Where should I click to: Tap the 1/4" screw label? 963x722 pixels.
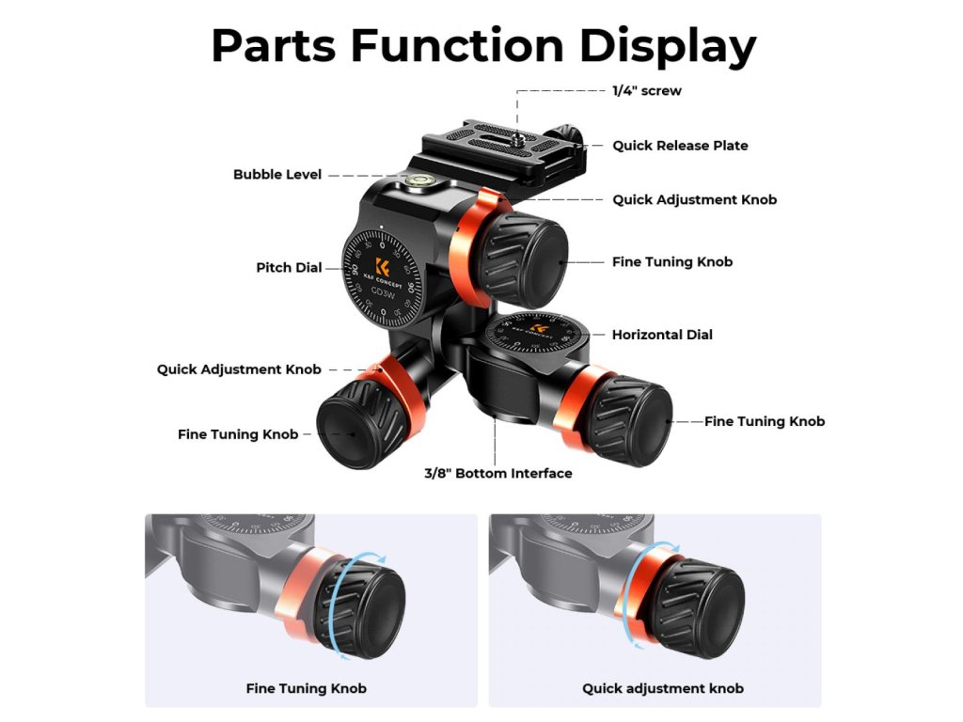pyautogui.click(x=647, y=91)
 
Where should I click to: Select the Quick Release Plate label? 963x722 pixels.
pyautogui.click(x=680, y=146)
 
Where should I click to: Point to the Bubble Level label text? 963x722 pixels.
pyautogui.click(x=277, y=175)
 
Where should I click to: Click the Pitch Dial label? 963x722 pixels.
pyautogui.click(x=289, y=268)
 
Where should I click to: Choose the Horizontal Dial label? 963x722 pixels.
pyautogui.click(x=662, y=335)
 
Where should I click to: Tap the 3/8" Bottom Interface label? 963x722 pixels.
pyautogui.click(x=497, y=473)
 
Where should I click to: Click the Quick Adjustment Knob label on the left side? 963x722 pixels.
pyautogui.click(x=239, y=369)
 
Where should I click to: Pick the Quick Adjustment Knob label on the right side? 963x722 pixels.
pyautogui.click(x=694, y=200)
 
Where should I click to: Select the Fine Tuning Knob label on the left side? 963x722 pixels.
pyautogui.click(x=238, y=434)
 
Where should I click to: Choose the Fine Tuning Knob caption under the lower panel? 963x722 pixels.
pyautogui.click(x=306, y=688)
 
